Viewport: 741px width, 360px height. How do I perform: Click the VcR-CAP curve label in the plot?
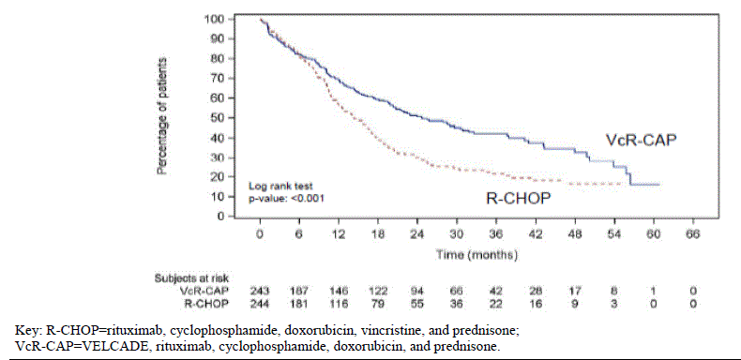click(x=642, y=139)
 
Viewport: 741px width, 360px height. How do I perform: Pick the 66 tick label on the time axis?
click(x=692, y=234)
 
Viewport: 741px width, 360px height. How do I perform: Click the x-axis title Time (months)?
click(x=477, y=253)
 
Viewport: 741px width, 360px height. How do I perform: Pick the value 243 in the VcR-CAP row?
click(x=261, y=291)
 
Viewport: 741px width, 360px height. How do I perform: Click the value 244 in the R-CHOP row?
click(x=261, y=303)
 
